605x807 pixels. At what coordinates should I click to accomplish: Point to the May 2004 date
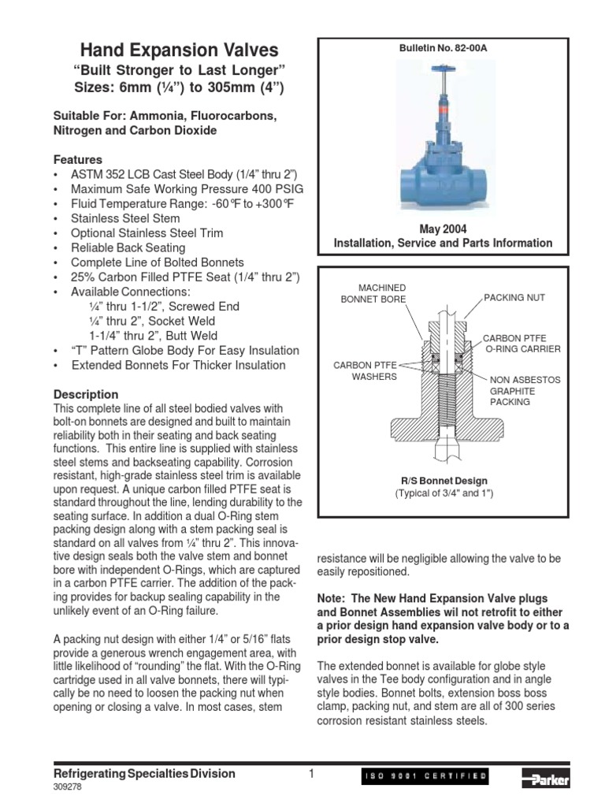coord(443,229)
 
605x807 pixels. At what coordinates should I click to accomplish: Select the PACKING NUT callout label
coord(514,298)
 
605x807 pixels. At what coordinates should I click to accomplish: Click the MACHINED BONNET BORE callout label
coord(373,292)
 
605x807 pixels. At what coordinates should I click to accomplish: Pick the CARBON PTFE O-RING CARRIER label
coord(521,343)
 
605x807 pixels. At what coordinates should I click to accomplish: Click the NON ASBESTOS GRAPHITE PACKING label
coord(525,390)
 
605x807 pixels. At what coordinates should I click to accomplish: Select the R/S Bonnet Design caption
coord(443,481)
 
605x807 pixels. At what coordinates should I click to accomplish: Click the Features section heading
coord(77,159)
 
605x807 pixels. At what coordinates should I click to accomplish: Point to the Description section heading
coord(86,394)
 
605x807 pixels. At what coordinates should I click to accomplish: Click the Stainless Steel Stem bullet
coord(125,218)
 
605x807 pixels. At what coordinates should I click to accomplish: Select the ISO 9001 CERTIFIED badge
coord(425,778)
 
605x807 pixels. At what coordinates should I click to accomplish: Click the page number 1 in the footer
coord(311,774)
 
